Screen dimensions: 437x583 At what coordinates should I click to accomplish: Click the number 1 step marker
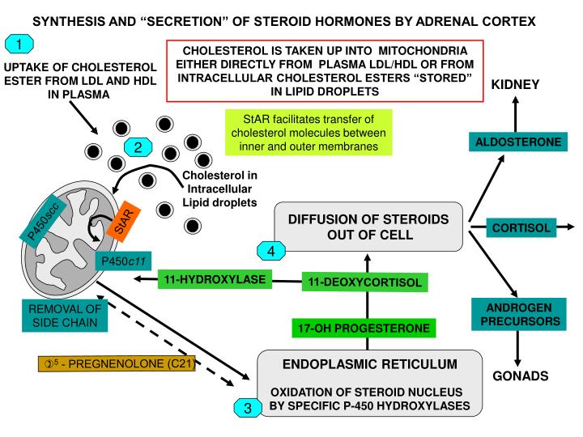pyautogui.click(x=19, y=45)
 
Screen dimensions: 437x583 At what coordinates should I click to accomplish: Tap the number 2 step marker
pyautogui.click(x=138, y=146)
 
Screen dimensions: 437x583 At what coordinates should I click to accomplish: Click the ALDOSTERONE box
pyautogui.click(x=517, y=142)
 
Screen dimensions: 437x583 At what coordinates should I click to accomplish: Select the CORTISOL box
pyautogui.click(x=522, y=228)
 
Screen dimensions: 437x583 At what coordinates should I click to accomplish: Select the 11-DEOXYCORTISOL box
pyautogui.click(x=366, y=282)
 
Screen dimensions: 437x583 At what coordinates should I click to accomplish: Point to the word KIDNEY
pyautogui.click(x=517, y=84)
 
